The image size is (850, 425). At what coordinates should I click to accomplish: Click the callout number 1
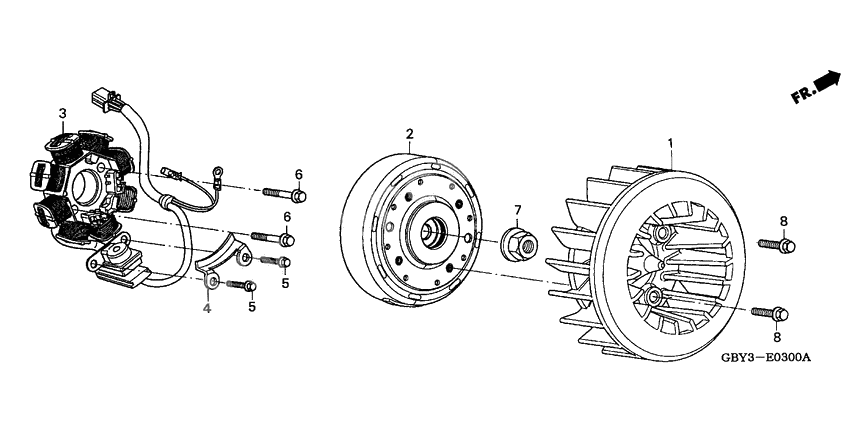[671, 143]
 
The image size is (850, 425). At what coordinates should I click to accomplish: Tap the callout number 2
[410, 133]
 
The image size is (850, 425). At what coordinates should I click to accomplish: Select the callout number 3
[62, 113]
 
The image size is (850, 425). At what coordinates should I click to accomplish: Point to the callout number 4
[207, 308]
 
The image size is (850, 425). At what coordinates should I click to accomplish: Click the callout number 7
[517, 209]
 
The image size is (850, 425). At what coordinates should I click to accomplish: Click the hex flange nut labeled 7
[518, 244]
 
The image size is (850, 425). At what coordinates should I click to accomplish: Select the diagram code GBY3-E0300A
[766, 358]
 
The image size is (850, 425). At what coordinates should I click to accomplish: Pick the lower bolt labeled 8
[770, 313]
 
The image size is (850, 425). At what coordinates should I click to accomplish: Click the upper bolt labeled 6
[285, 194]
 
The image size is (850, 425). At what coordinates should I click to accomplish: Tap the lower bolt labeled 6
[273, 237]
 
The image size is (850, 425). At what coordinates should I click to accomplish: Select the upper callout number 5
[285, 282]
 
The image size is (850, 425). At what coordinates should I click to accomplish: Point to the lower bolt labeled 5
[241, 285]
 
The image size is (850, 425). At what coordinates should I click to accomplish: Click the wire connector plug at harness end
[107, 100]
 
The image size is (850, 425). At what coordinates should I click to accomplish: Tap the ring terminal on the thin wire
[218, 174]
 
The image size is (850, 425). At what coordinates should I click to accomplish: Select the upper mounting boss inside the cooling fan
[661, 234]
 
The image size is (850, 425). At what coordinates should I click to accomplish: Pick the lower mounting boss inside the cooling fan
[654, 297]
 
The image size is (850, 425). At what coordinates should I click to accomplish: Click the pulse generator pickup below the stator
[118, 262]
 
